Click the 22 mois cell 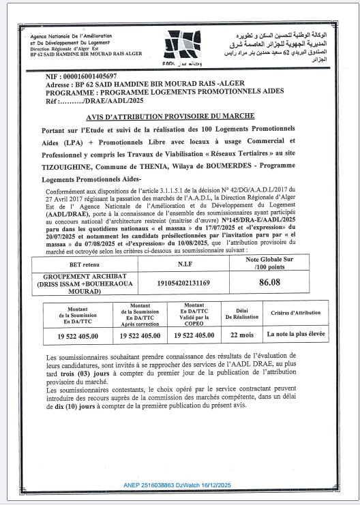(x=242, y=335)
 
